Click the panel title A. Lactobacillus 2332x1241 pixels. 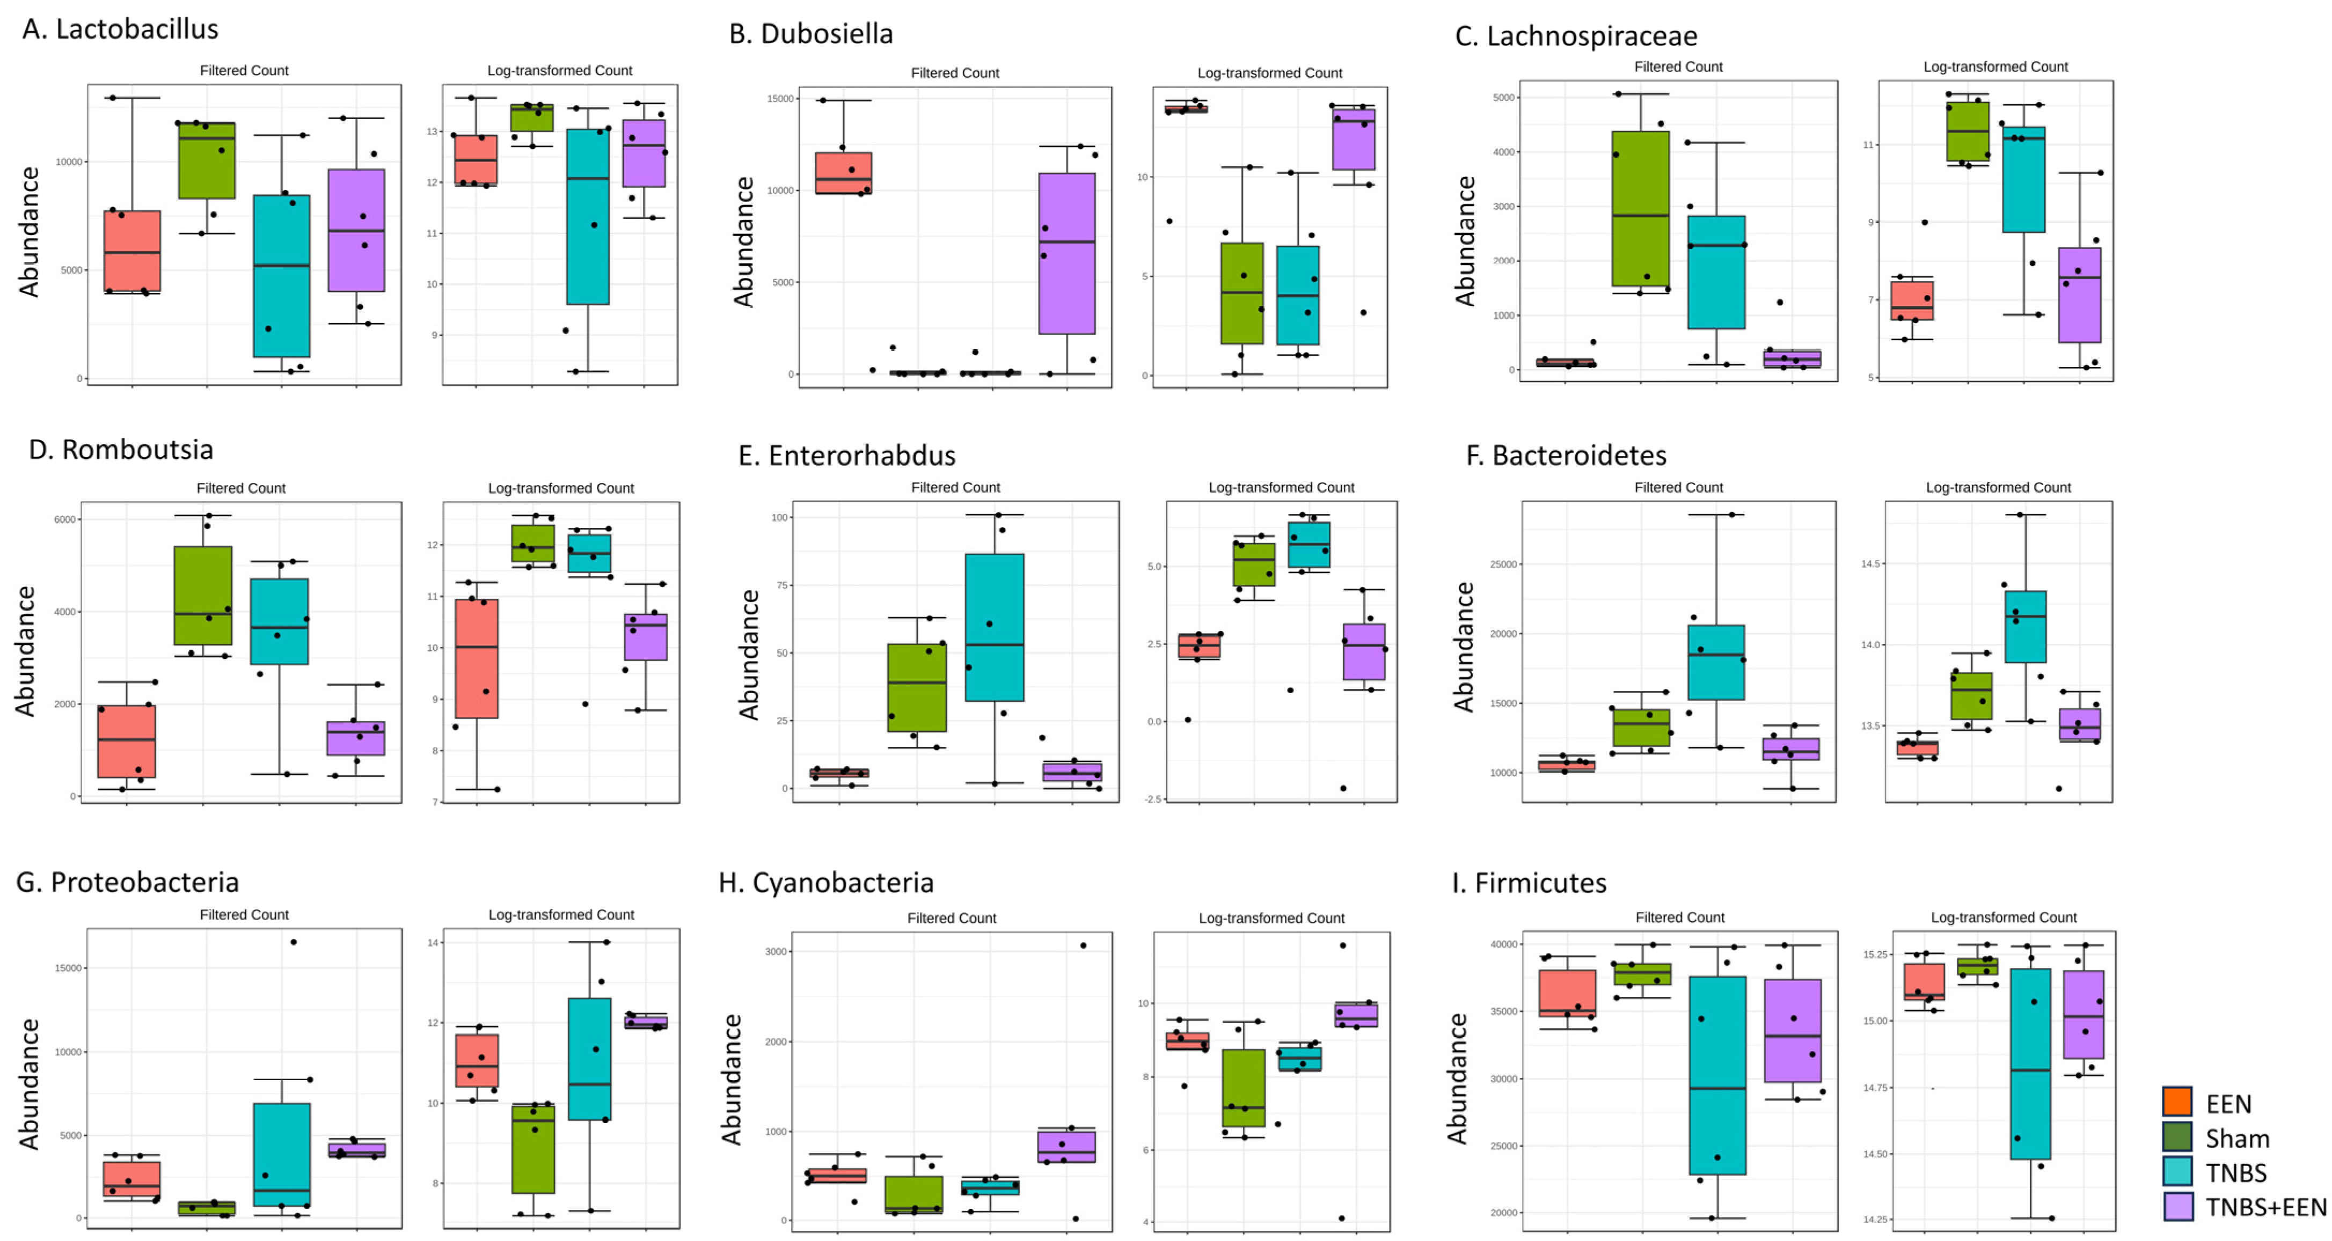120,29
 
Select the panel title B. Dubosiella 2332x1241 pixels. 811,33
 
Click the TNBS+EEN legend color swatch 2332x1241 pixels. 2177,1207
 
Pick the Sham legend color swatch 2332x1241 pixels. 2177,1137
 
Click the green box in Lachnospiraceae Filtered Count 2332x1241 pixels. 1640,208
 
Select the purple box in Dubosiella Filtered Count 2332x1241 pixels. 1066,253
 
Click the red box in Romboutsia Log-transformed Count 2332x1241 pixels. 476,658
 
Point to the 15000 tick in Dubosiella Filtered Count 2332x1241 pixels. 780,99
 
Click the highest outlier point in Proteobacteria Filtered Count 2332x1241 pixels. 293,942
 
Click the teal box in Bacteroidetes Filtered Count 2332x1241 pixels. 1716,662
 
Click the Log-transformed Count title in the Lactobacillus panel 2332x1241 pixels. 559,71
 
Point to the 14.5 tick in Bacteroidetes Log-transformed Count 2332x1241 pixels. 1871,564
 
